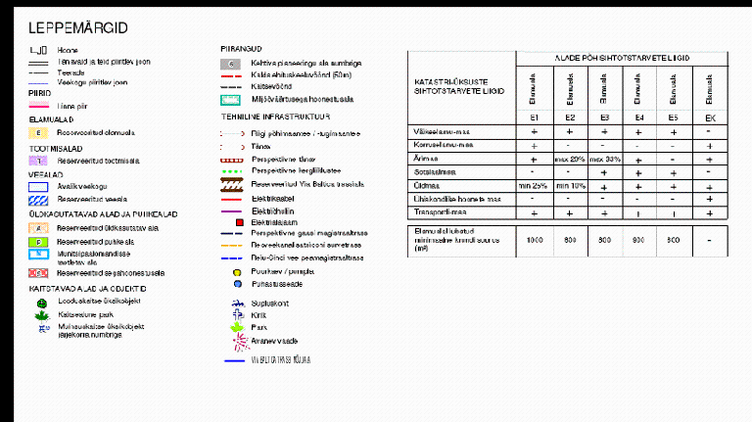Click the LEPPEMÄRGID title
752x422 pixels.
coord(78,27)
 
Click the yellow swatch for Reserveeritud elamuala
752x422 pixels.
coord(37,131)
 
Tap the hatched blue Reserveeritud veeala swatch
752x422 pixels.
coord(37,198)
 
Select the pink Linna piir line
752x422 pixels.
coord(37,105)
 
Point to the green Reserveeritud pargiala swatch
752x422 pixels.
coord(37,240)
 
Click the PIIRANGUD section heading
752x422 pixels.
coord(241,48)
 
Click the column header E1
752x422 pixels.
coord(535,117)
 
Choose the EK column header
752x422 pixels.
coord(707,117)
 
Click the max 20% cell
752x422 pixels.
coord(569,158)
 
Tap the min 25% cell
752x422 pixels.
coord(534,184)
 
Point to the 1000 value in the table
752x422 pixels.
coord(535,240)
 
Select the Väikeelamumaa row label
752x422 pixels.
coord(444,131)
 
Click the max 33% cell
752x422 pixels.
coord(604,158)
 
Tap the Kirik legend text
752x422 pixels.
coord(258,316)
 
